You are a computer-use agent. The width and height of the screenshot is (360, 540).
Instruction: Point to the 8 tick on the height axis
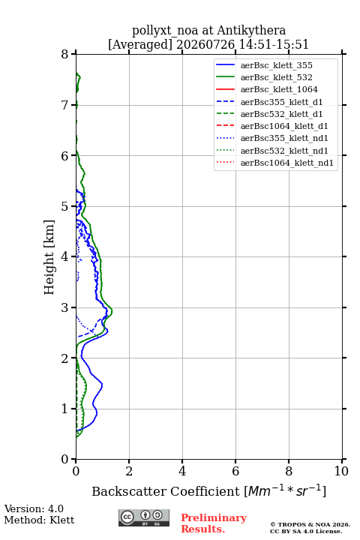(65, 54)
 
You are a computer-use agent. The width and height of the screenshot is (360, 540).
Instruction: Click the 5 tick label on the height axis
(65, 206)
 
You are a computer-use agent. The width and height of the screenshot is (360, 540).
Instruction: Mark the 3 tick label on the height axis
(65, 307)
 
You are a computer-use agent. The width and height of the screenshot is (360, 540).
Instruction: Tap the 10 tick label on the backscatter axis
(341, 471)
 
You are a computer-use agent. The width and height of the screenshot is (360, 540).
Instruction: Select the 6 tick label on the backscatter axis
(235, 471)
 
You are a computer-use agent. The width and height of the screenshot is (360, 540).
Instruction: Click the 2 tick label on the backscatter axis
(129, 471)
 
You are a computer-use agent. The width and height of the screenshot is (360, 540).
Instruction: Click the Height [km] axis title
(49, 257)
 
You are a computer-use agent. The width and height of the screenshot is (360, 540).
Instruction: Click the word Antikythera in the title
(251, 30)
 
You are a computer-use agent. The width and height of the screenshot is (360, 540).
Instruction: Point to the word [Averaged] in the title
(140, 44)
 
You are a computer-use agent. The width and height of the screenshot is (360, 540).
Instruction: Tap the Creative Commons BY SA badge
(144, 517)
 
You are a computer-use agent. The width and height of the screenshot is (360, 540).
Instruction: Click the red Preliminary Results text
(214, 523)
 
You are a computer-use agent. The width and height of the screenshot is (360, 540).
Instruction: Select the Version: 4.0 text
(34, 508)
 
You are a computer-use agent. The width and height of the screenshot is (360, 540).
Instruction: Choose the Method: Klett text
(39, 520)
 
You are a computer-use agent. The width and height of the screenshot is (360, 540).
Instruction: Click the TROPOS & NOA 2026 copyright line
(310, 524)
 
